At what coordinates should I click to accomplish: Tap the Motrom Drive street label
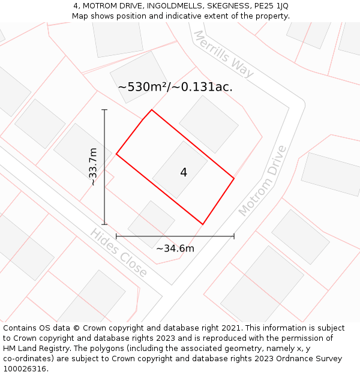pos(263,181)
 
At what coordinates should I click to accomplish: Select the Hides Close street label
pos(119,253)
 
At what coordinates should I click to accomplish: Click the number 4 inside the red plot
pos(184,173)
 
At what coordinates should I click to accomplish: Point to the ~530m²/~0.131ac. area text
pos(175,87)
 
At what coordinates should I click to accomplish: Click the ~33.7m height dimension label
pos(93,167)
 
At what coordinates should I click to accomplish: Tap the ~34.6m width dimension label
pos(175,248)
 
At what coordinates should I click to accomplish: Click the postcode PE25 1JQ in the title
pos(271,6)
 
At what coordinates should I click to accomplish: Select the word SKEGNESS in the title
pos(230,6)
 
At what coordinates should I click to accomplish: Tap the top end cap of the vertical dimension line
pos(104,110)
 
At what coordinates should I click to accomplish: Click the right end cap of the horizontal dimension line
pos(234,236)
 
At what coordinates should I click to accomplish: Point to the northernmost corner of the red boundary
pos(151,110)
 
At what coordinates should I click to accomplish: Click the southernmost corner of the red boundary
pos(203,224)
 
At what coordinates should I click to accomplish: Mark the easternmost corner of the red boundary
pos(234,178)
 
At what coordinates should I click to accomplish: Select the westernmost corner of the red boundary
pos(116,154)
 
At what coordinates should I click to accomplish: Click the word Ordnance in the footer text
pos(290,359)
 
